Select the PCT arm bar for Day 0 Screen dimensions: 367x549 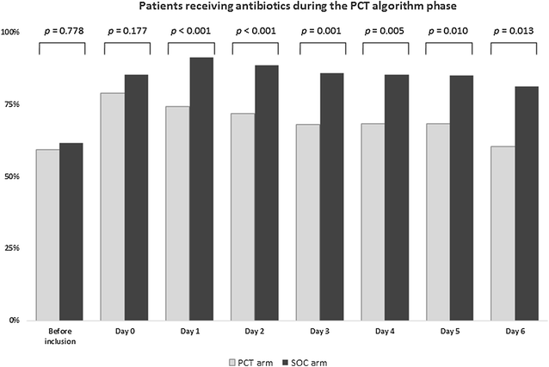pos(113,206)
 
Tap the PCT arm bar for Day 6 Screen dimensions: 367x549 pos(503,233)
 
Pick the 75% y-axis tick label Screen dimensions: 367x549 pos(13,104)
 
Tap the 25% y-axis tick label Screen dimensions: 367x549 pos(13,248)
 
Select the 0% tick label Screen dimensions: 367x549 pos(15,320)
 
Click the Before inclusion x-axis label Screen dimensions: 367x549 pos(60,335)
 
